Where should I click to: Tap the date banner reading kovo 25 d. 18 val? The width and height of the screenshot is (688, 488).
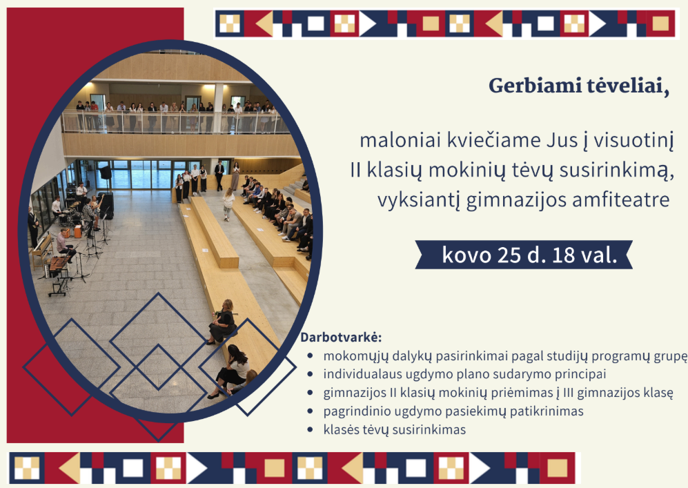click(524, 255)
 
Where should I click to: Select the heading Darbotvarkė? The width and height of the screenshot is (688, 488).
click(341, 338)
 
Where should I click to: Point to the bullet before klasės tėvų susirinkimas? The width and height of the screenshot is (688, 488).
click(311, 429)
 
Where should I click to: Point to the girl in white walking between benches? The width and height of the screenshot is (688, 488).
click(228, 204)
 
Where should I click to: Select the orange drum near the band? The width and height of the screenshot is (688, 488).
click(78, 231)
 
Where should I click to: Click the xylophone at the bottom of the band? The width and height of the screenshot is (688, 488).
click(59, 264)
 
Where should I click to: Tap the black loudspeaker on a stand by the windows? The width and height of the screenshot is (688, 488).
click(106, 172)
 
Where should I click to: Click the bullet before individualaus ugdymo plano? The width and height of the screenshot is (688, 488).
click(311, 374)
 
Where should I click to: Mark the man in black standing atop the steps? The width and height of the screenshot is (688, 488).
click(219, 175)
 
